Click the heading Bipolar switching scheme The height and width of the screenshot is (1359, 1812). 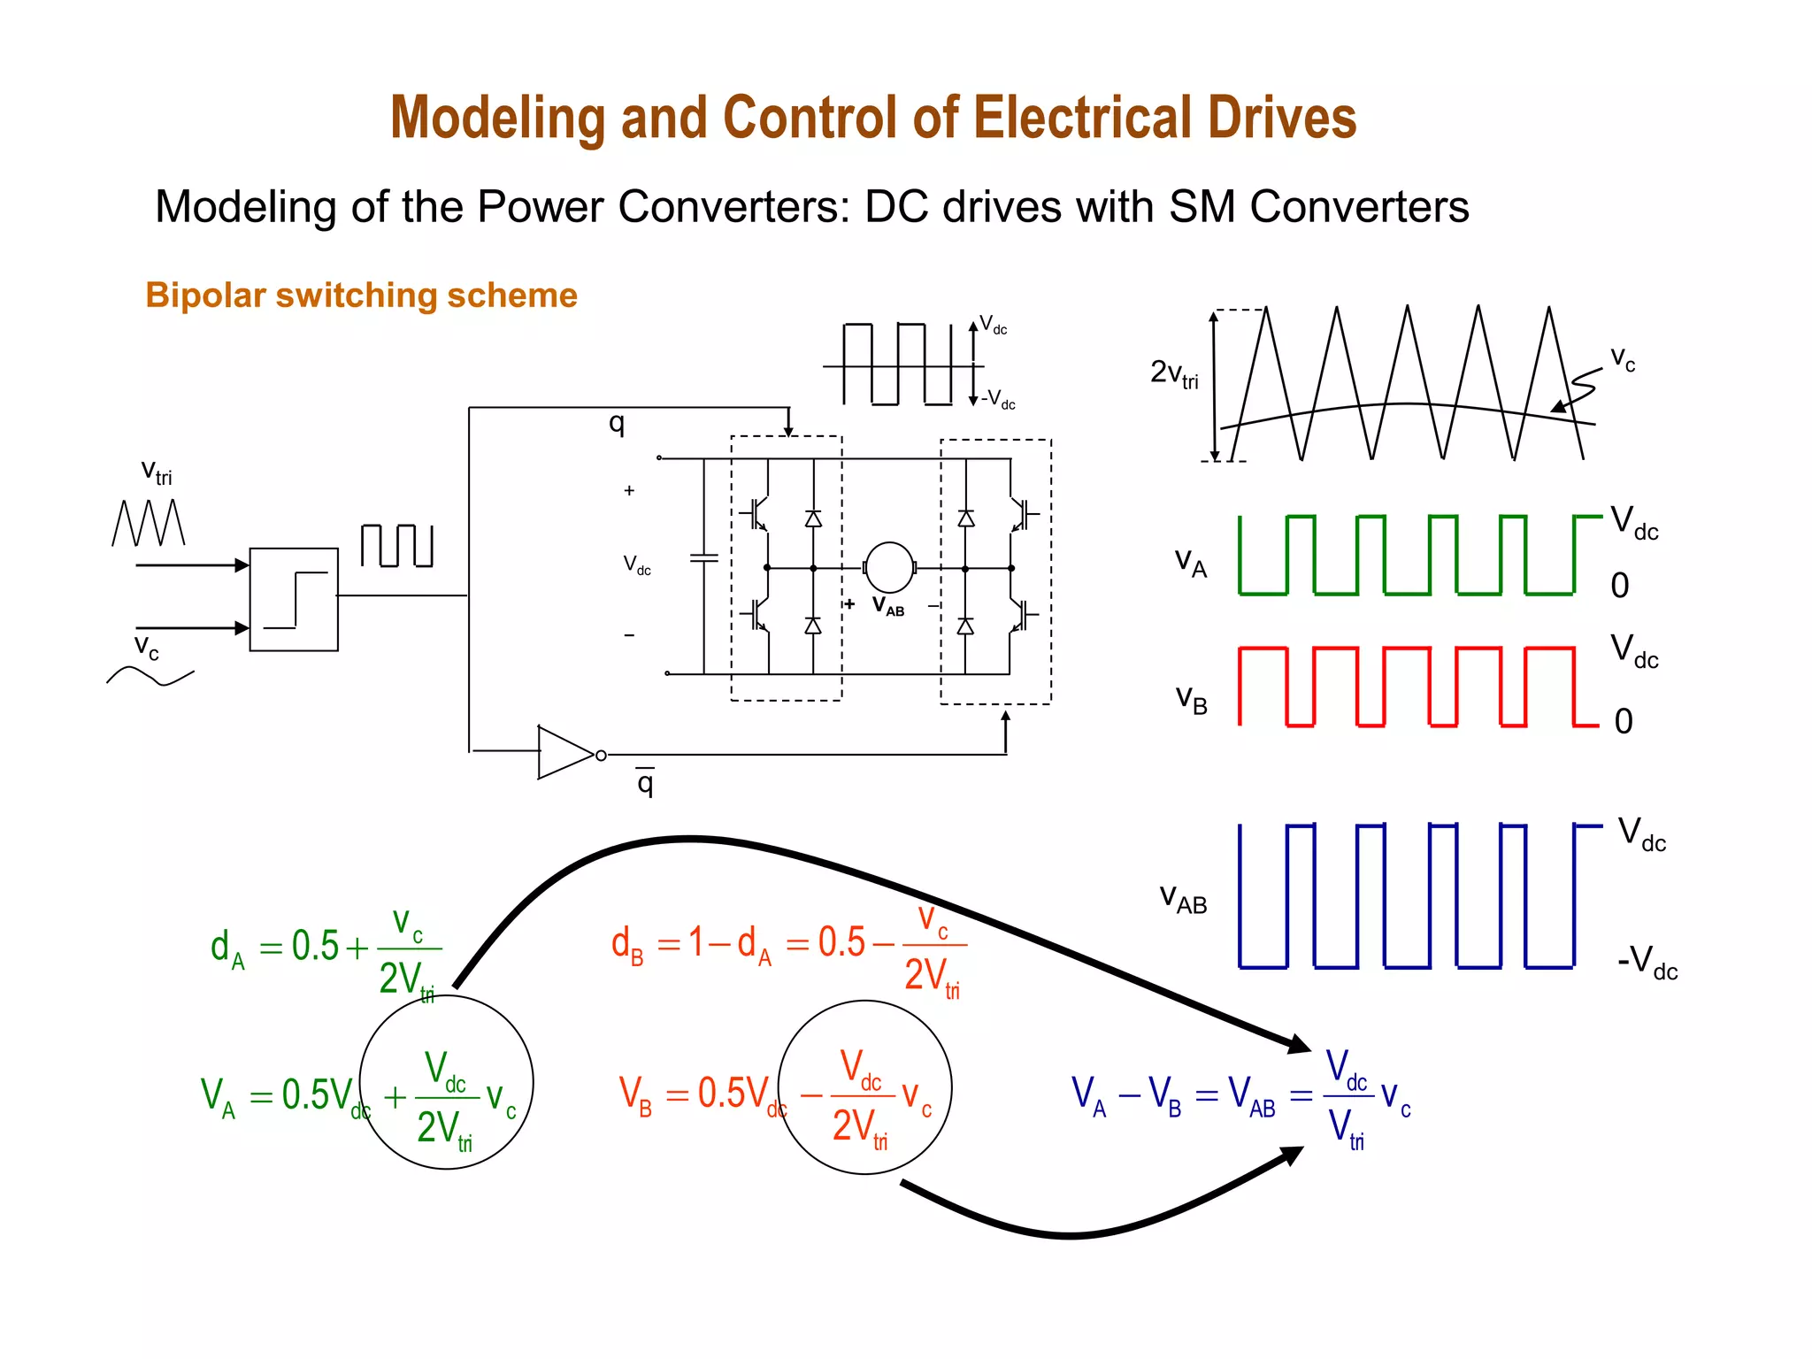[x=361, y=296]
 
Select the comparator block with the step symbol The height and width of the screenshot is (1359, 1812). [x=294, y=600]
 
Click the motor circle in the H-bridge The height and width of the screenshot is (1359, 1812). [x=888, y=567]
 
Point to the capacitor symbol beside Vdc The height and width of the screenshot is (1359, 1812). [x=704, y=558]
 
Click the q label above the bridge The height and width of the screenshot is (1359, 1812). [x=617, y=423]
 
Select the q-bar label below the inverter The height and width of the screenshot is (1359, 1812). [x=645, y=781]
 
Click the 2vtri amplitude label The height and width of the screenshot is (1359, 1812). [x=1174, y=373]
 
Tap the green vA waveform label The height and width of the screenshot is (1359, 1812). [x=1190, y=562]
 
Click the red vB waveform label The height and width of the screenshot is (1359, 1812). [x=1191, y=699]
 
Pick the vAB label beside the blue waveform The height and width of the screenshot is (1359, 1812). [x=1183, y=899]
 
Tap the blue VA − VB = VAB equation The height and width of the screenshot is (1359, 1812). [x=1239, y=1097]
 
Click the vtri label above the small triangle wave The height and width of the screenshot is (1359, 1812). [x=157, y=472]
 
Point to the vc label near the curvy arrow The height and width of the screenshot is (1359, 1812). [x=1622, y=358]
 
